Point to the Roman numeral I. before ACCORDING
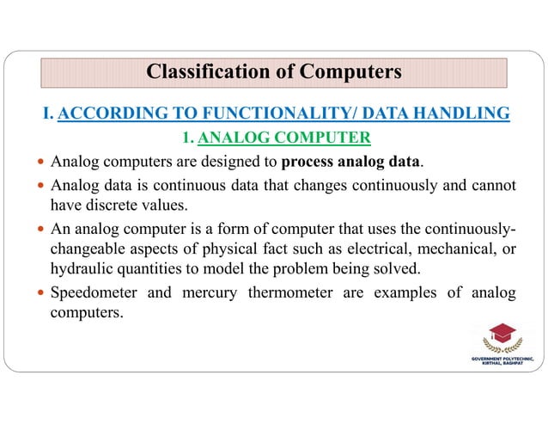point(47,114)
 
